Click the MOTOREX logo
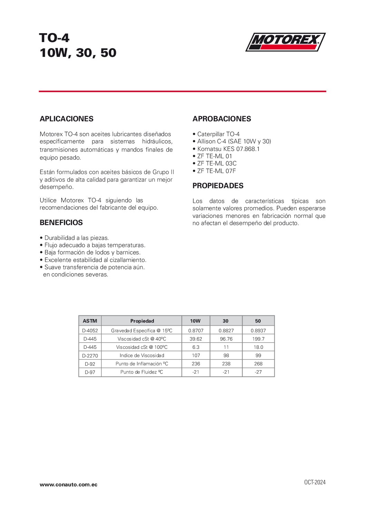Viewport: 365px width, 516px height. pyautogui.click(x=285, y=42)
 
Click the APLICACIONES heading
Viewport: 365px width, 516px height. pyautogui.click(x=67, y=119)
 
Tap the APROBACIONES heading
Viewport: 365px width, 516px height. pyautogui.click(x=221, y=119)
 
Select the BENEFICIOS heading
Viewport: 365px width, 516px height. pyautogui.click(x=61, y=223)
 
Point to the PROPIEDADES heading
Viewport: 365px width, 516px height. pyautogui.click(x=218, y=186)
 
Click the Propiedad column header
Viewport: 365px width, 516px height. pyautogui.click(x=142, y=321)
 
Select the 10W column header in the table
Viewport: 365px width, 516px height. pyautogui.click(x=195, y=321)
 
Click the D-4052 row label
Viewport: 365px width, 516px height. pyautogui.click(x=90, y=331)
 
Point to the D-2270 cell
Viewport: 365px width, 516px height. pyautogui.click(x=90, y=355)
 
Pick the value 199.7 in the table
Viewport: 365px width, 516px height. pyautogui.click(x=258, y=339)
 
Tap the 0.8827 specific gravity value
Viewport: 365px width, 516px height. pyautogui.click(x=226, y=331)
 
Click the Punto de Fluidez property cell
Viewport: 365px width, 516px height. pyautogui.click(x=141, y=372)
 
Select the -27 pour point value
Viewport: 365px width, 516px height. pyautogui.click(x=258, y=372)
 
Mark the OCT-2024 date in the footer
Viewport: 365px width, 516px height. pyautogui.click(x=315, y=482)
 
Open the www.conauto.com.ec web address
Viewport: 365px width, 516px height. pyautogui.click(x=68, y=485)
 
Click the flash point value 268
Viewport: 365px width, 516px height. pyautogui.click(x=258, y=364)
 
